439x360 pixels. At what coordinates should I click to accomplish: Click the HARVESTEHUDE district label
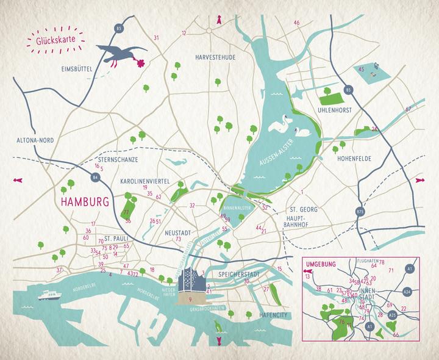pyautogui.click(x=214, y=57)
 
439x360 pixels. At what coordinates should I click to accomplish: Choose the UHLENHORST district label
pyautogui.click(x=337, y=112)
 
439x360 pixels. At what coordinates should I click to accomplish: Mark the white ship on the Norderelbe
pyautogui.click(x=48, y=296)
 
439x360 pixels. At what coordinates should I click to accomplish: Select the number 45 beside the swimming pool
pyautogui.click(x=361, y=69)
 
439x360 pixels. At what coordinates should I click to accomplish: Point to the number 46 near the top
pyautogui.click(x=296, y=23)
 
